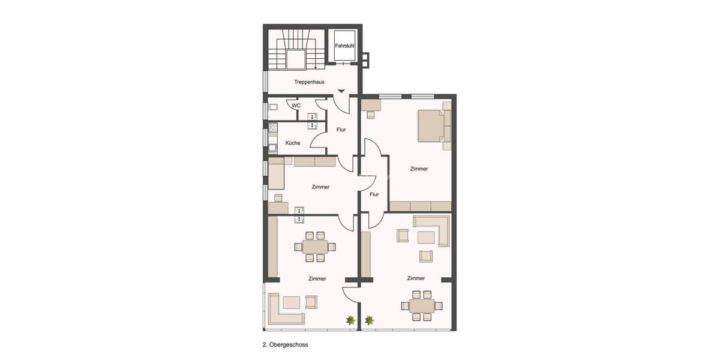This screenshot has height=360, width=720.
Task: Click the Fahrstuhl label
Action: click(x=344, y=46)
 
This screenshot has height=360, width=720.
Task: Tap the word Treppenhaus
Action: click(x=309, y=82)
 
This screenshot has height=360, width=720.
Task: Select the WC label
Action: click(x=296, y=106)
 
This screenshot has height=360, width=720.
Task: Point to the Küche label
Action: click(x=293, y=143)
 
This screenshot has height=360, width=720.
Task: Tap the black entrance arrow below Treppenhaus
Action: click(x=341, y=91)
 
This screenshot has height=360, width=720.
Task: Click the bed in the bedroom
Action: click(x=432, y=125)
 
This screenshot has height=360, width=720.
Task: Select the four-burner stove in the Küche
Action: click(x=272, y=127)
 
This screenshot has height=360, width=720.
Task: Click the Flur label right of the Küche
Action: click(x=341, y=130)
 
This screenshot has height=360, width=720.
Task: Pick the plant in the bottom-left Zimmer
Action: click(x=350, y=321)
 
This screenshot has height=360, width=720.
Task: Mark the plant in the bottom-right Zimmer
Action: click(x=369, y=321)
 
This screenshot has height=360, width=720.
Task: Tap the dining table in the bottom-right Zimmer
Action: click(x=421, y=305)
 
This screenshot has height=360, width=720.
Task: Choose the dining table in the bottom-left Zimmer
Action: click(x=315, y=247)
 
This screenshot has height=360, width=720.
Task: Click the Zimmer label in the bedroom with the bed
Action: click(x=419, y=169)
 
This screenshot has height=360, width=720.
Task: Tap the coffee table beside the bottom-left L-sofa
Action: click(x=293, y=302)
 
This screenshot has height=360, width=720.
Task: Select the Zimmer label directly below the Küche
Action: click(x=320, y=187)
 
